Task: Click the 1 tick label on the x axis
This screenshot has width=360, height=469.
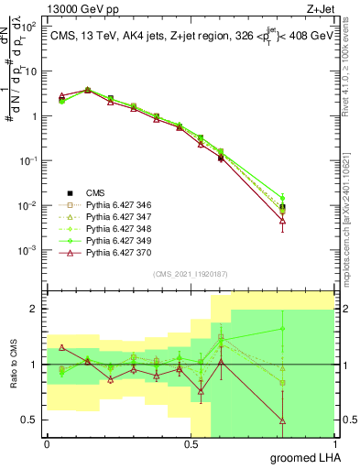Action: click(333, 444)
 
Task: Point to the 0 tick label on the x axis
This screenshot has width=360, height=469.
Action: click(47, 444)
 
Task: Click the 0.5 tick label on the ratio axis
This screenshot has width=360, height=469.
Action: click(31, 420)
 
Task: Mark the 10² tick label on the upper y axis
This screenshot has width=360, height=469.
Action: click(30, 27)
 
